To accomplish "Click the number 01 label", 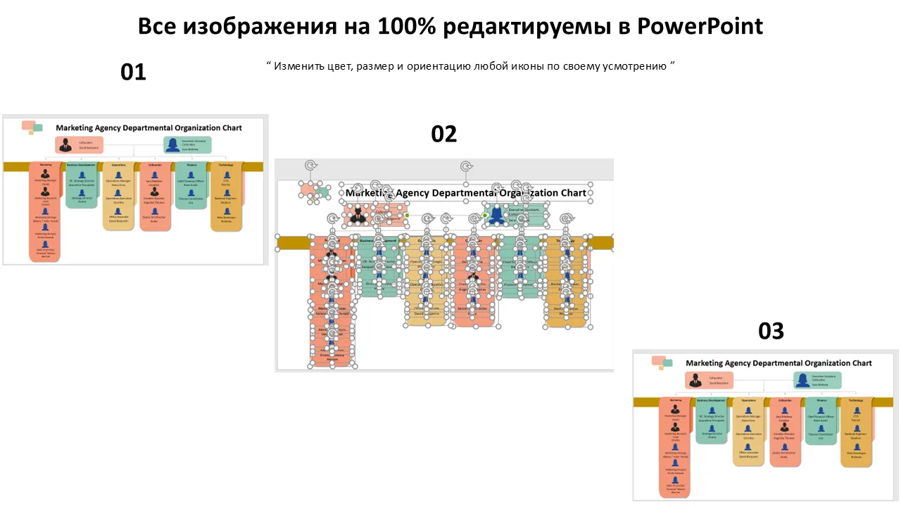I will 133,72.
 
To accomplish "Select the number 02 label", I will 443,134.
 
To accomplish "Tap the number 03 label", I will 771,331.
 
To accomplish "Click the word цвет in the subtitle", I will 335,66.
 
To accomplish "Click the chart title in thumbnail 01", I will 149,128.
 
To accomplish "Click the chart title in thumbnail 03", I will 779,363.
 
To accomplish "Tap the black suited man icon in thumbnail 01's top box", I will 65,145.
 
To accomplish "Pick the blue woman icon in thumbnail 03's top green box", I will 802,380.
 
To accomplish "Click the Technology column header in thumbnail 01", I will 225,165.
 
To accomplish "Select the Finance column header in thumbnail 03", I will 821,400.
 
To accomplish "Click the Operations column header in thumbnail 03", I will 748,400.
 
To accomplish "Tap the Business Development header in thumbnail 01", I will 81,165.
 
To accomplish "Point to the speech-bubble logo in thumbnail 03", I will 662,363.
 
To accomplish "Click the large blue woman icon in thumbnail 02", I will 496,215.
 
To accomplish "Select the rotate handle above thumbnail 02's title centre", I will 465,167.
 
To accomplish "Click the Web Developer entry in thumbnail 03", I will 856,454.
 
